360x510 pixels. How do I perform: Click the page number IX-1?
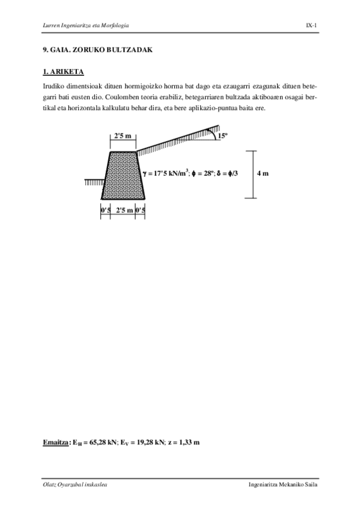(311, 25)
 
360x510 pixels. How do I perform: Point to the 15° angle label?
(222, 137)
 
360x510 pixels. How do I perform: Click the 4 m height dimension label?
(262, 174)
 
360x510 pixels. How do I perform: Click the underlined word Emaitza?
(56, 442)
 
